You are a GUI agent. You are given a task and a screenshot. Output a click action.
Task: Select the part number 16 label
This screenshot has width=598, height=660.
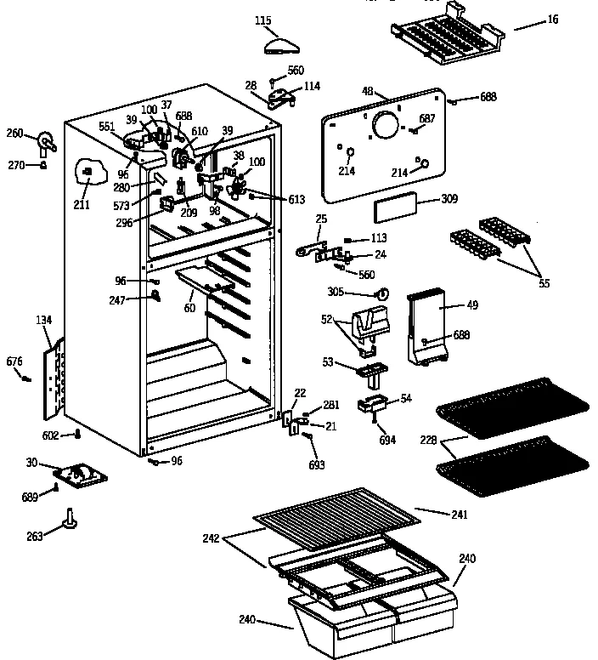(553, 19)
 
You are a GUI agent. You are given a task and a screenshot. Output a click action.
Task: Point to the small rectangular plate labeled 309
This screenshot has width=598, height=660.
(395, 205)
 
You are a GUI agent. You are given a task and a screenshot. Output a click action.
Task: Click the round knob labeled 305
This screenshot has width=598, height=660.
(382, 293)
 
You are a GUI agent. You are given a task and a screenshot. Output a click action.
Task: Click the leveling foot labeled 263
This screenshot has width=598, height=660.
(69, 521)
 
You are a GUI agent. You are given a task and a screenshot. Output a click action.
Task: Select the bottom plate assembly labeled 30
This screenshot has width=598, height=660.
(80, 477)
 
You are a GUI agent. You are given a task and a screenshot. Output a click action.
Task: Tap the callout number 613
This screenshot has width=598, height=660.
(296, 200)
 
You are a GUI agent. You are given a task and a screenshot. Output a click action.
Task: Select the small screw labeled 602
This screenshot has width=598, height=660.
(78, 435)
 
